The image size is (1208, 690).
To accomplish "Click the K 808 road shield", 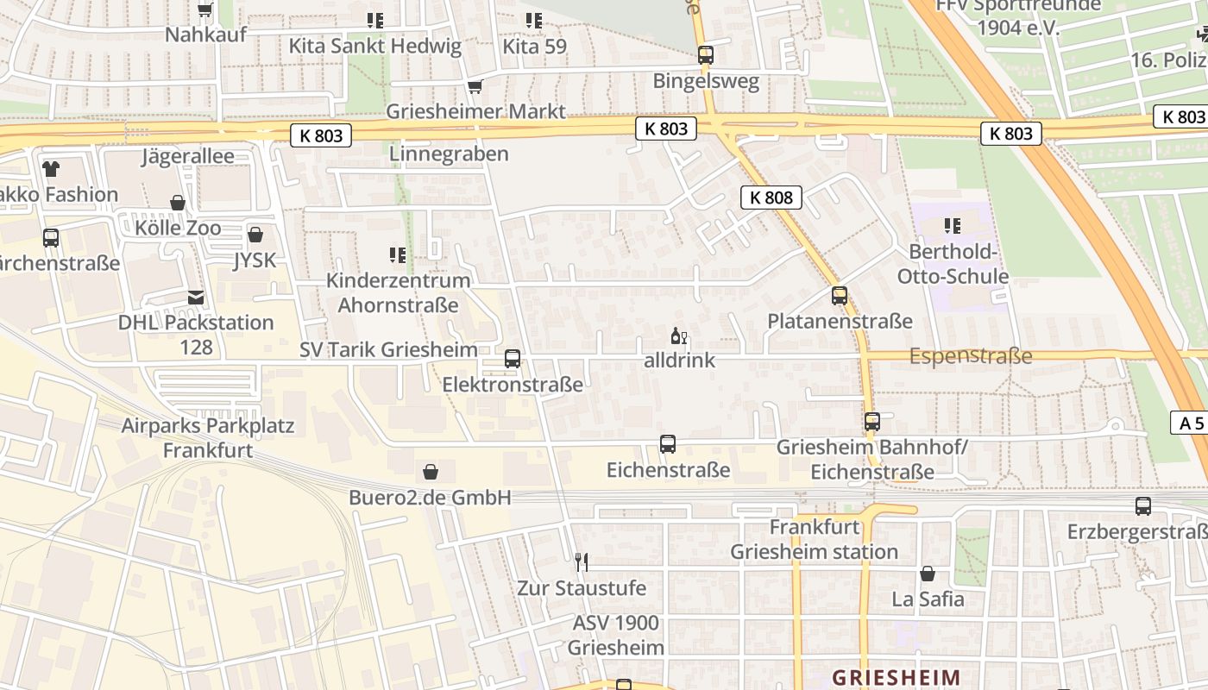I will (771, 198).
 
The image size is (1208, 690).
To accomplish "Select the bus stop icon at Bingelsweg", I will (706, 55).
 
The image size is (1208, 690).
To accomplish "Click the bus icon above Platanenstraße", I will (840, 296).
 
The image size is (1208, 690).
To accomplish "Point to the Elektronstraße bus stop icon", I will (513, 359).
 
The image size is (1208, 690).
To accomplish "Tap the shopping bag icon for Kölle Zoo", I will (178, 203).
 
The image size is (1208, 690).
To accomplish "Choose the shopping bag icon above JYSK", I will (255, 235).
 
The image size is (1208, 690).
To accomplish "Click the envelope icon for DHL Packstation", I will (197, 298).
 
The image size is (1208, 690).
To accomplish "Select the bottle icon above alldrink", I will (679, 336).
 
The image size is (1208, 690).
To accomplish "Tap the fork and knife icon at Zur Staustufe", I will (582, 562).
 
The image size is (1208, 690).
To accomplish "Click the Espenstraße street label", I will (971, 356).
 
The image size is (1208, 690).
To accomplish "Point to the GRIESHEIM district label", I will (896, 677).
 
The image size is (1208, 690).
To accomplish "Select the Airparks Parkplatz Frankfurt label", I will (208, 438).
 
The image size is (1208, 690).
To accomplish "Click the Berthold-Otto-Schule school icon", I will (953, 226).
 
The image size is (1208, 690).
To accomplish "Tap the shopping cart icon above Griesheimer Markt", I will (474, 86).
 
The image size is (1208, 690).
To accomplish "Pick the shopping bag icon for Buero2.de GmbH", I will (431, 472).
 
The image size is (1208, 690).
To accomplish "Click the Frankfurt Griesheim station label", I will (815, 539).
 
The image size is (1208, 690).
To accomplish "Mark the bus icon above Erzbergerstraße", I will (1143, 506).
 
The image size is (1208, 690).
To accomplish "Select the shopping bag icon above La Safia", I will (928, 574).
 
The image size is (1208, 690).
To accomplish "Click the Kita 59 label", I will (535, 47).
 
